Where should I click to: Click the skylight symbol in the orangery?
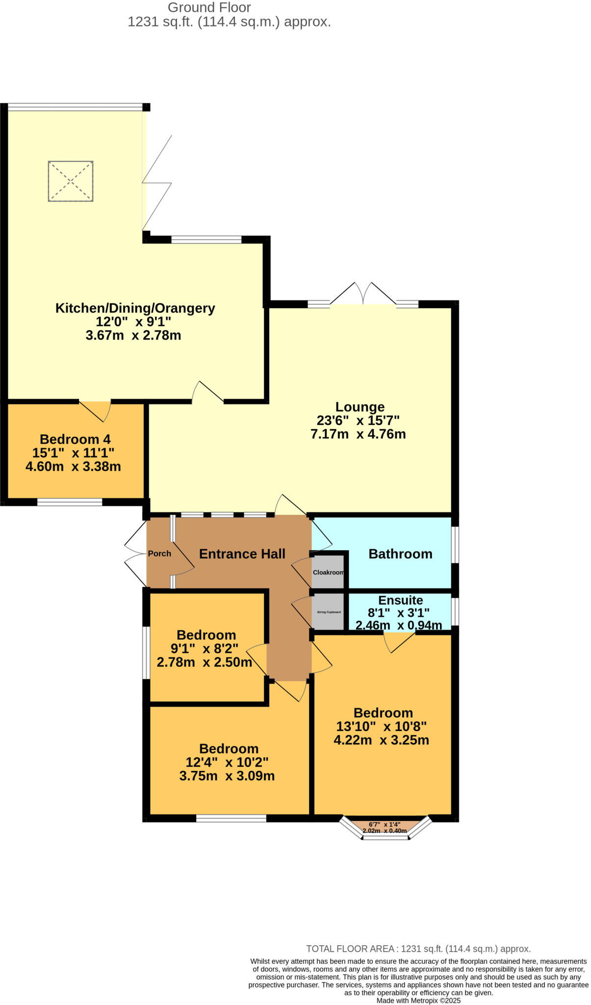[71, 181]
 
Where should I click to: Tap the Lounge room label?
[360, 407]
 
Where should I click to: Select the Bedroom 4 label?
[75, 439]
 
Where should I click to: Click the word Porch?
[159, 554]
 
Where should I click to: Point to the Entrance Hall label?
[242, 554]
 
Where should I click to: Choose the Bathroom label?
[400, 554]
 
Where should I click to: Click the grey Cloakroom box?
[328, 572]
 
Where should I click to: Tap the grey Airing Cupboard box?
[328, 612]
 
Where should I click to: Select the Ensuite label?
[400, 600]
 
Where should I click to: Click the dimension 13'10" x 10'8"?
[381, 726]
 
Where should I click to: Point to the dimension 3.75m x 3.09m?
[227, 776]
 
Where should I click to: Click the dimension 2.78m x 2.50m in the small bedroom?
[205, 662]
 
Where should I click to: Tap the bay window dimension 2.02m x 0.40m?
[385, 831]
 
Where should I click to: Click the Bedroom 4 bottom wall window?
[70, 502]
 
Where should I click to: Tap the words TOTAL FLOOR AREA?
[350, 949]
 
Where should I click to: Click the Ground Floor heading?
[209, 8]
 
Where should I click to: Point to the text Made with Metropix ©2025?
[418, 1000]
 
